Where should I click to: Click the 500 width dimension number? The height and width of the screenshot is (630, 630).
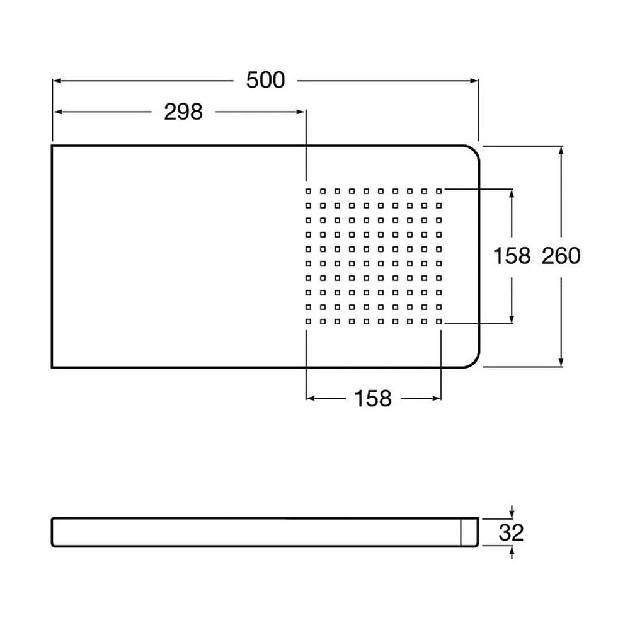click(266, 80)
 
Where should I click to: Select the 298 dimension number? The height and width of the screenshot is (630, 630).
click(183, 112)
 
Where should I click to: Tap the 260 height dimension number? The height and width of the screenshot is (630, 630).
click(561, 256)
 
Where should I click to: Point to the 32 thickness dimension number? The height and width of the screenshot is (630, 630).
click(511, 533)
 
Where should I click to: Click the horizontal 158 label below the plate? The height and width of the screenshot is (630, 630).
click(373, 399)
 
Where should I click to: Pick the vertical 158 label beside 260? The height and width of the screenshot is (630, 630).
click(512, 256)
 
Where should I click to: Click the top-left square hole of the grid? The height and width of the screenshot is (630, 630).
click(308, 192)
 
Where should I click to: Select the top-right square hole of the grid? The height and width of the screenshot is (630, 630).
click(438, 192)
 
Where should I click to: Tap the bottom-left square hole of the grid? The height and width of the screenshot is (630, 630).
click(308, 321)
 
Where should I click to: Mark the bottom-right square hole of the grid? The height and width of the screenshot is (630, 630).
click(438, 321)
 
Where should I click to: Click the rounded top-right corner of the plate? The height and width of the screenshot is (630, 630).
click(474, 151)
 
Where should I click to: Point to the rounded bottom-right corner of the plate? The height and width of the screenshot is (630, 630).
click(474, 362)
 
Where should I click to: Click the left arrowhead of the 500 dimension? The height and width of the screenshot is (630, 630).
click(57, 81)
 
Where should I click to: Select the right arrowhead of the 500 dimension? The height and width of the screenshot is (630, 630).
click(474, 81)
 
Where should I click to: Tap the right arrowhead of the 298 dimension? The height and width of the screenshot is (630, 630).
click(301, 112)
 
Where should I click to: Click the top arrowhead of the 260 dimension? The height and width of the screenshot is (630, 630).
click(561, 151)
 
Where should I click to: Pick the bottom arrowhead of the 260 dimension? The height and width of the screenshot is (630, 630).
click(561, 362)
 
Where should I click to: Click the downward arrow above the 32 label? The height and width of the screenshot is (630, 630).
click(512, 512)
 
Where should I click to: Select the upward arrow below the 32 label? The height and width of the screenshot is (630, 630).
click(512, 553)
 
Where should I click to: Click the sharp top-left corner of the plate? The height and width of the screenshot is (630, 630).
click(52, 146)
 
